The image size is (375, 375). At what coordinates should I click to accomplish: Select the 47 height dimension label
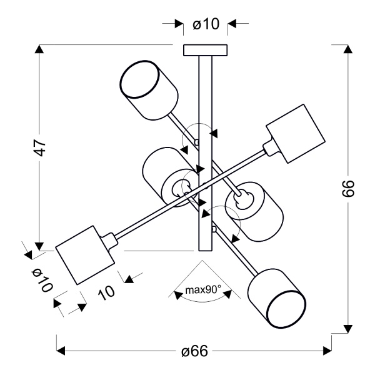pos(41,147)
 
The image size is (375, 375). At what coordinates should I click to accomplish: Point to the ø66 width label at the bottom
pos(194,351)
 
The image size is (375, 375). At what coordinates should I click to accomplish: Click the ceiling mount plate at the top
pos(205,50)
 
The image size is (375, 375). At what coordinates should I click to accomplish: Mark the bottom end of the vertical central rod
pos(205,249)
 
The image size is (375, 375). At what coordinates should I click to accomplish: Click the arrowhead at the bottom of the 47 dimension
pos(41,244)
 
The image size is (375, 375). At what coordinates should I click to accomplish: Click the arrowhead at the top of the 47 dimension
pos(41,50)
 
